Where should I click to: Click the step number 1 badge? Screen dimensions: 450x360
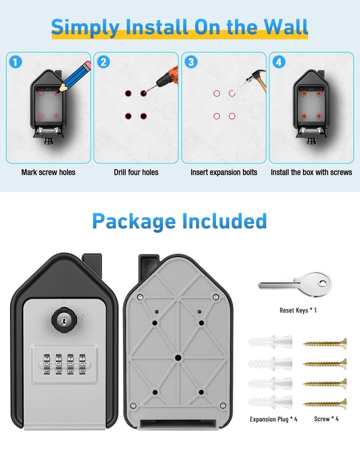15,62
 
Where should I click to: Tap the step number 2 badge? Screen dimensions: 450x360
103,62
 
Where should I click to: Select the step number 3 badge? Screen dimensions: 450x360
191,62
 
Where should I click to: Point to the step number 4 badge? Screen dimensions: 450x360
279,62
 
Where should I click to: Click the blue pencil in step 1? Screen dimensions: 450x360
74,74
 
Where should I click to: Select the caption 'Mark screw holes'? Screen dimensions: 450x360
48,172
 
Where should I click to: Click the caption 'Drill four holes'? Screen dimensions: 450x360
136,172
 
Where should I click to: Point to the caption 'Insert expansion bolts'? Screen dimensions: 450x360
224,172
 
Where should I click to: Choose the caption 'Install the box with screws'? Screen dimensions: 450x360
311,172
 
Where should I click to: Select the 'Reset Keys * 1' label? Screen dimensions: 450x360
298,310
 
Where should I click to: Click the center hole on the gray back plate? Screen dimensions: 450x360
178,358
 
